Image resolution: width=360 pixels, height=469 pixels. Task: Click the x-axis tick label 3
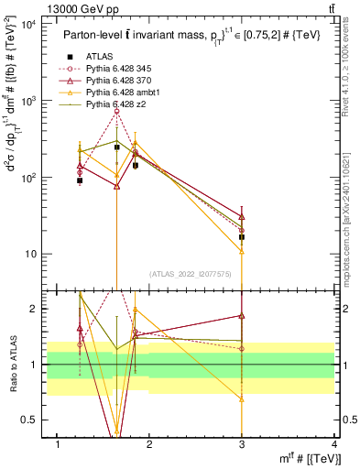click(x=242, y=444)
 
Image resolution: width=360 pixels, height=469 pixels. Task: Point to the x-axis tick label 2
click(x=150, y=444)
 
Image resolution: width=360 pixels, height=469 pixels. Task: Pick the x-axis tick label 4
click(x=333, y=444)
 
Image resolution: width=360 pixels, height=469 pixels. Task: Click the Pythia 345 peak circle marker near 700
click(x=116, y=112)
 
